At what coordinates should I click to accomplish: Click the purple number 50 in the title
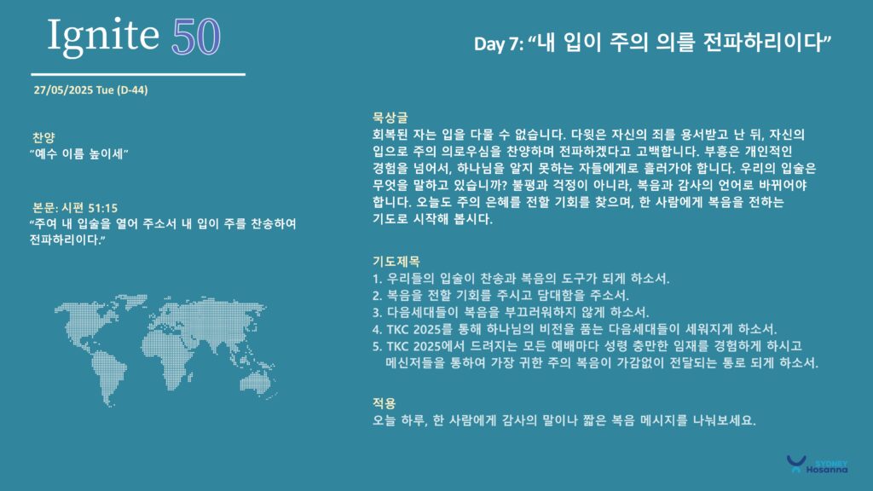click(x=196, y=38)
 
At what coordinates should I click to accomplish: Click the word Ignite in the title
click(x=103, y=37)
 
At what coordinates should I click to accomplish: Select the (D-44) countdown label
click(x=132, y=90)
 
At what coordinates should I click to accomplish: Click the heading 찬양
click(x=43, y=137)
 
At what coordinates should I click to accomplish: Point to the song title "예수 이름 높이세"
click(x=79, y=153)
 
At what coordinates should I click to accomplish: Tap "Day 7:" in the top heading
click(x=498, y=44)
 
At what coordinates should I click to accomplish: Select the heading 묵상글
click(x=390, y=118)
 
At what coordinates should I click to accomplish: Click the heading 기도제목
click(x=396, y=261)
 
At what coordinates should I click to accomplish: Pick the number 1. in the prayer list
click(x=377, y=279)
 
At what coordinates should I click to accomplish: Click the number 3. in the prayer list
click(x=377, y=312)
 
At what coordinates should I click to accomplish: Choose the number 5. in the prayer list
click(x=377, y=346)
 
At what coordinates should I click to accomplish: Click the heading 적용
click(x=384, y=403)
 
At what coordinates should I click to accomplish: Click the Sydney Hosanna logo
click(x=817, y=465)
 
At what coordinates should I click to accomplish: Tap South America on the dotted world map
click(x=108, y=374)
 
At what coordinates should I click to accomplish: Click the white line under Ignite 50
click(x=138, y=74)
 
